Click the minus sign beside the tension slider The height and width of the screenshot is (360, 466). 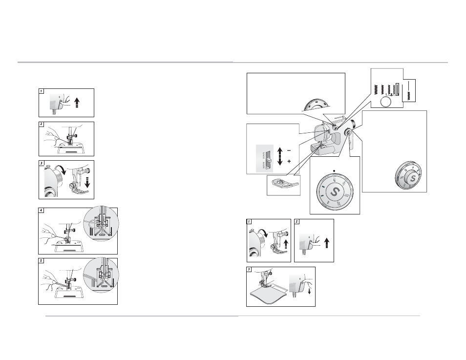coord(289,150)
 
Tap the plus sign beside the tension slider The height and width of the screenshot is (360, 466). coord(289,162)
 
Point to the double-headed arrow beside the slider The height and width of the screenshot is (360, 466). coord(280,156)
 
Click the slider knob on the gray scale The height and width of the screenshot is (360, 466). coord(269,160)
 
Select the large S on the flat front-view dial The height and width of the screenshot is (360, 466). coord(334,192)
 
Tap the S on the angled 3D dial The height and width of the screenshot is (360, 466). coord(412,179)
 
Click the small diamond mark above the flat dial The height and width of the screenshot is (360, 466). coord(334,170)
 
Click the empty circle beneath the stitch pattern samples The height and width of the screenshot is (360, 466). coord(386,102)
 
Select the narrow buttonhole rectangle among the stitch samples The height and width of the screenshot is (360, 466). coord(397,88)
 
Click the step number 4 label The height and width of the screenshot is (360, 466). coord(42,211)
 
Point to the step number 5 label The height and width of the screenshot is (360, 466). coord(42,261)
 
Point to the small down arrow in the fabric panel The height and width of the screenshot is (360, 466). coord(309,291)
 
